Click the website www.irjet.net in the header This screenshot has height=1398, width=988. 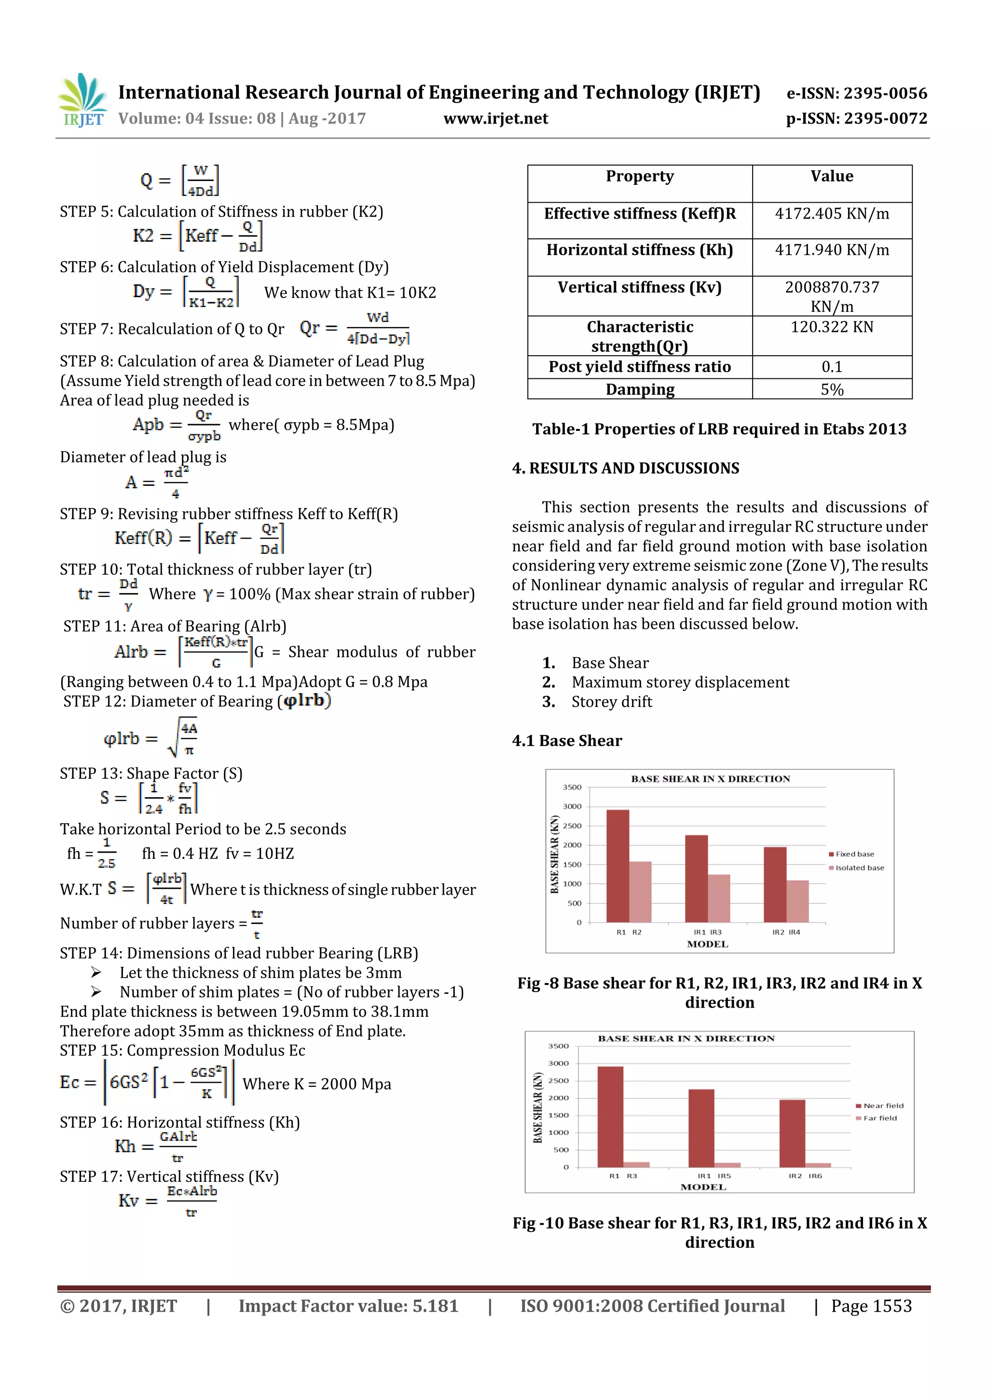tap(495, 119)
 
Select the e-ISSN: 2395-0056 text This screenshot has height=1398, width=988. tap(856, 94)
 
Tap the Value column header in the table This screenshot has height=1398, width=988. tap(832, 177)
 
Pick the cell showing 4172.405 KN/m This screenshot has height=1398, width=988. tap(832, 214)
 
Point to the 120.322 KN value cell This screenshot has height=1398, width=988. tap(832, 328)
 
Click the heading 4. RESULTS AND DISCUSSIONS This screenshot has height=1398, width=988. tap(625, 468)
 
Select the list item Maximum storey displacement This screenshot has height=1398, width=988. tap(680, 682)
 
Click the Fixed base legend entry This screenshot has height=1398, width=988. tap(854, 854)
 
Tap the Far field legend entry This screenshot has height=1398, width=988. tap(879, 1118)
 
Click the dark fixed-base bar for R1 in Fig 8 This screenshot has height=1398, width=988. tap(618, 866)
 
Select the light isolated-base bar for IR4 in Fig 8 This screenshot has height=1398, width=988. tap(797, 901)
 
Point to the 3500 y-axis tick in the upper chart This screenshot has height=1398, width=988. tap(572, 787)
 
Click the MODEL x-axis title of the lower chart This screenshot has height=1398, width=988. tap(703, 1187)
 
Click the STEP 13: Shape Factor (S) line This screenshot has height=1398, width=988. tap(151, 773)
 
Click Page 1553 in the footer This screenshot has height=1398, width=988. tap(871, 1306)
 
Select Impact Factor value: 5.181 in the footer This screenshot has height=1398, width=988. tap(348, 1306)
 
